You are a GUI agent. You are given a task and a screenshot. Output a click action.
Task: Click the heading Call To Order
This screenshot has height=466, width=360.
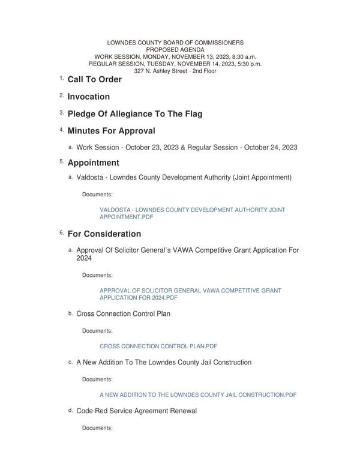pos(94,79)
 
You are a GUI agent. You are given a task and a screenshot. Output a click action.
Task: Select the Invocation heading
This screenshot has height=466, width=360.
pos(88,97)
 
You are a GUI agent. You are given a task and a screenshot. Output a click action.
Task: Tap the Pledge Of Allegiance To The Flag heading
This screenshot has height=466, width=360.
pos(134,114)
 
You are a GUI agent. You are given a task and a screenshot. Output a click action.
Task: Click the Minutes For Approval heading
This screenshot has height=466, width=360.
pos(111,131)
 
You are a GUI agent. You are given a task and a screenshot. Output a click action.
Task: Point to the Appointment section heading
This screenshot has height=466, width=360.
pos(93,163)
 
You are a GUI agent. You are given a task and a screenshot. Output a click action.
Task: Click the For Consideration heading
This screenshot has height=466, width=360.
pos(104,234)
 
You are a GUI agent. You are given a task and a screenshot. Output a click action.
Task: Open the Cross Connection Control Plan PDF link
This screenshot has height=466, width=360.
pos(158,346)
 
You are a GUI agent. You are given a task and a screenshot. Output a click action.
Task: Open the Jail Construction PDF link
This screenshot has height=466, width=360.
pos(197,395)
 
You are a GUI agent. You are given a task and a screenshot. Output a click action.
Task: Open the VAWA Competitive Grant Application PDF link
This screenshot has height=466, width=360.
pos(190,294)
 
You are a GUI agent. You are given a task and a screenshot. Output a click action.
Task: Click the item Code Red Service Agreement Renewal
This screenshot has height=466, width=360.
pos(136,411)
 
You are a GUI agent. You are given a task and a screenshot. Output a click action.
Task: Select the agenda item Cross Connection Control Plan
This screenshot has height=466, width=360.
pos(123,313)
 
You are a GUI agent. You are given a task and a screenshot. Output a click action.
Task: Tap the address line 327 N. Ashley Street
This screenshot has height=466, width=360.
pos(175,71)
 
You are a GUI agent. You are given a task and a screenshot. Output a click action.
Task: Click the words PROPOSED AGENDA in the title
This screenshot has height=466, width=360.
pos(175,50)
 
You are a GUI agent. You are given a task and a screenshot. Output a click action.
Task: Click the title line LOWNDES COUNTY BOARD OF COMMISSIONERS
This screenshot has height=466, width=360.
pos(175,43)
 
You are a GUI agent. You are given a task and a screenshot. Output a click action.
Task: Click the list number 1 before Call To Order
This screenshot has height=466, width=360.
pos(61,78)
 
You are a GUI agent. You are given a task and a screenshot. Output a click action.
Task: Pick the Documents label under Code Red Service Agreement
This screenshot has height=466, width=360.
pos(97,428)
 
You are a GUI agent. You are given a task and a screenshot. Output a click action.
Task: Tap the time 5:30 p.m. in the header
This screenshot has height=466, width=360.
pos(246,64)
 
